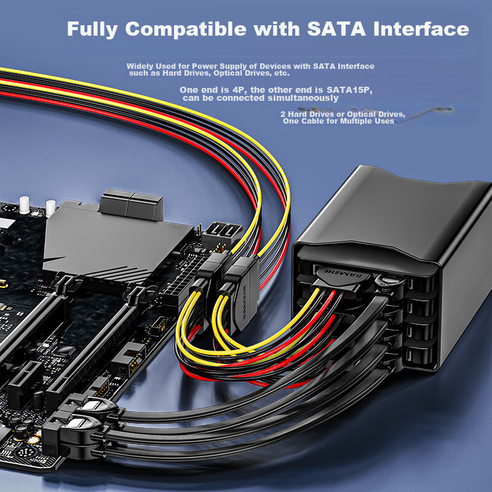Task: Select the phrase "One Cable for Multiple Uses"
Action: pos(338,121)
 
